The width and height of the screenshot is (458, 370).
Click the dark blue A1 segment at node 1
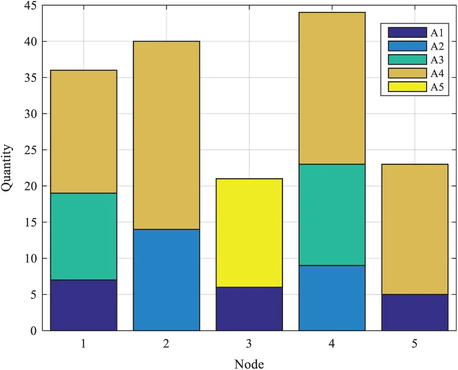coord(83,305)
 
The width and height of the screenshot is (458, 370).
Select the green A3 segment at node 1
coord(83,236)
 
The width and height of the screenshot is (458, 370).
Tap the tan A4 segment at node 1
coord(83,132)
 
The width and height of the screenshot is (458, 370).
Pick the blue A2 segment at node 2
coord(166,280)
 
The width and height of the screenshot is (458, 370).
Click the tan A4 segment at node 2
coord(166,135)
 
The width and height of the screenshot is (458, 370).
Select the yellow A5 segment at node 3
coord(249,233)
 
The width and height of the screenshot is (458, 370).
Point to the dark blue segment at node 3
coord(249,308)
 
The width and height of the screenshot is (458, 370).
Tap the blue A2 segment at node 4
coord(332,298)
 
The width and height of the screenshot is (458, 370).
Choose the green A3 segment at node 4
coord(332,215)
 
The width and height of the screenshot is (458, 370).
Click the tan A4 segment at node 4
coord(332,88)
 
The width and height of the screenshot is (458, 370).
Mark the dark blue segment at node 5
coord(415,312)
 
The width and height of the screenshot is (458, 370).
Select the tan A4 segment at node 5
coord(415,229)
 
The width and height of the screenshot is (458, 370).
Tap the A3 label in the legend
coord(437,60)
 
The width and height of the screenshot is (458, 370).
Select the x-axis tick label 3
coord(249,344)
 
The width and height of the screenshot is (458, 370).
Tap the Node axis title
coord(249,363)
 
